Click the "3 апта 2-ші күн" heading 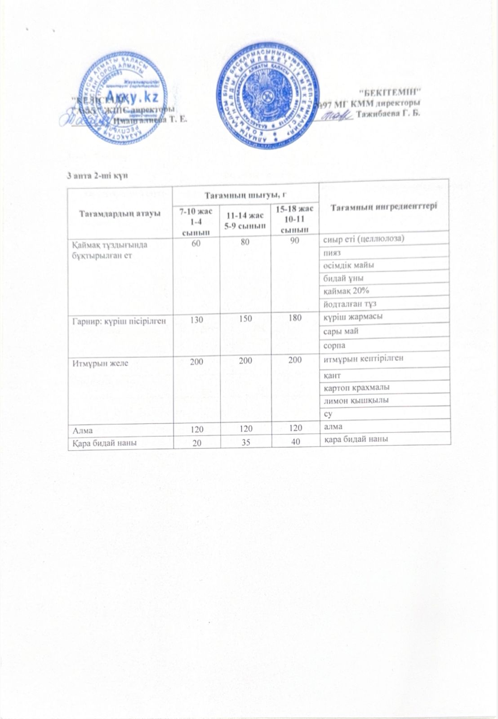point(97,175)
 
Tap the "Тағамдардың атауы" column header point(120,213)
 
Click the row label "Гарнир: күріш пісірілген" point(120,320)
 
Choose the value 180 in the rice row point(295,319)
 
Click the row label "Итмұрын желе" point(99,363)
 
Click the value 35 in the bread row point(246,442)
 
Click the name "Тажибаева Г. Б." point(388,113)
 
